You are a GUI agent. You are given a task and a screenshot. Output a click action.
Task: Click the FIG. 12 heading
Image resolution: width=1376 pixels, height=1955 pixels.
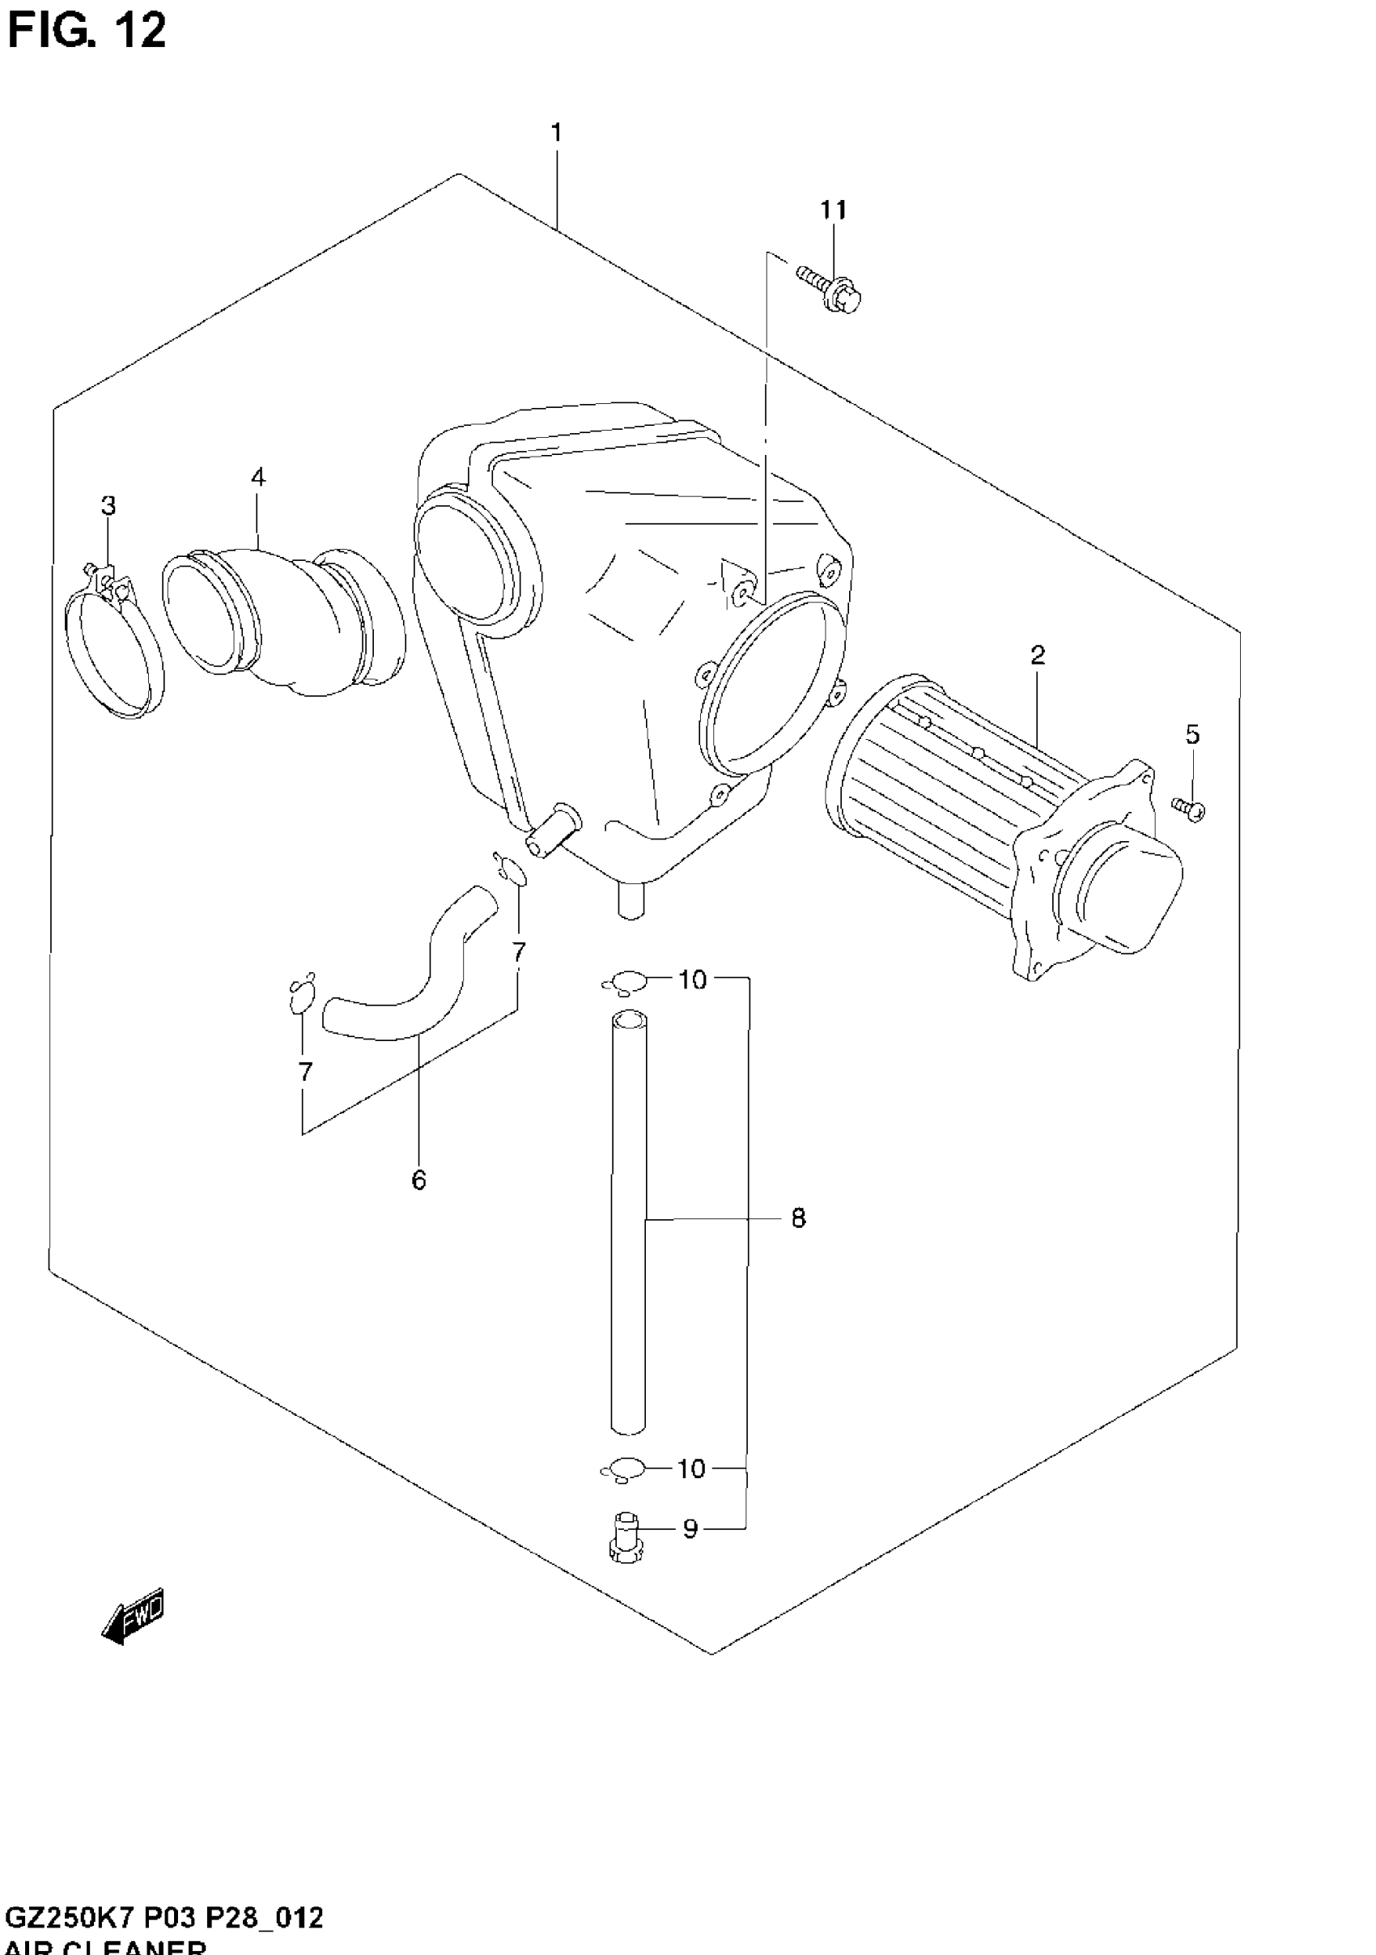tap(85, 32)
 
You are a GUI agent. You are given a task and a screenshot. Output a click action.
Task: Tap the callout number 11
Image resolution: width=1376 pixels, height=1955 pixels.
tap(834, 210)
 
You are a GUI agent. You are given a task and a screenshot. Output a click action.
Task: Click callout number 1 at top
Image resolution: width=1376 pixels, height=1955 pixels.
tap(556, 133)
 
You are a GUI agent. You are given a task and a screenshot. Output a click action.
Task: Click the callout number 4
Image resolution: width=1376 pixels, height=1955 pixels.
tap(258, 477)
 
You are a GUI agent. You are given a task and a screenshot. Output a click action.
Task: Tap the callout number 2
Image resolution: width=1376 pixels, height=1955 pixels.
tap(1037, 655)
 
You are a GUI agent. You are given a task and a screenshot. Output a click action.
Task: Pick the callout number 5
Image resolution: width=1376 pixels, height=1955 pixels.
tap(1192, 734)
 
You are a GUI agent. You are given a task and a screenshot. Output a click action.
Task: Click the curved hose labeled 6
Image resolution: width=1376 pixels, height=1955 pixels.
tap(409, 987)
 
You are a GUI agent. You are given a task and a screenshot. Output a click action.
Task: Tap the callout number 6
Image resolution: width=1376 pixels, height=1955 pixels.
tap(418, 1180)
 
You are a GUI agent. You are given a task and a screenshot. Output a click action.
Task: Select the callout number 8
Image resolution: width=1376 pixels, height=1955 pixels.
tap(798, 1218)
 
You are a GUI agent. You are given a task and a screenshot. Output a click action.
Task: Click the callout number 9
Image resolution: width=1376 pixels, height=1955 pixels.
tap(690, 1529)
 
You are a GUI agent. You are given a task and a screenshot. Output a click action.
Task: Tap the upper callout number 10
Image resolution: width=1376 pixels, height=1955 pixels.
tap(692, 980)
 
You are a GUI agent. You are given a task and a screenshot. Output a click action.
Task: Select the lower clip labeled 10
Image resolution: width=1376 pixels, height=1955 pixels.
tap(624, 1469)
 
